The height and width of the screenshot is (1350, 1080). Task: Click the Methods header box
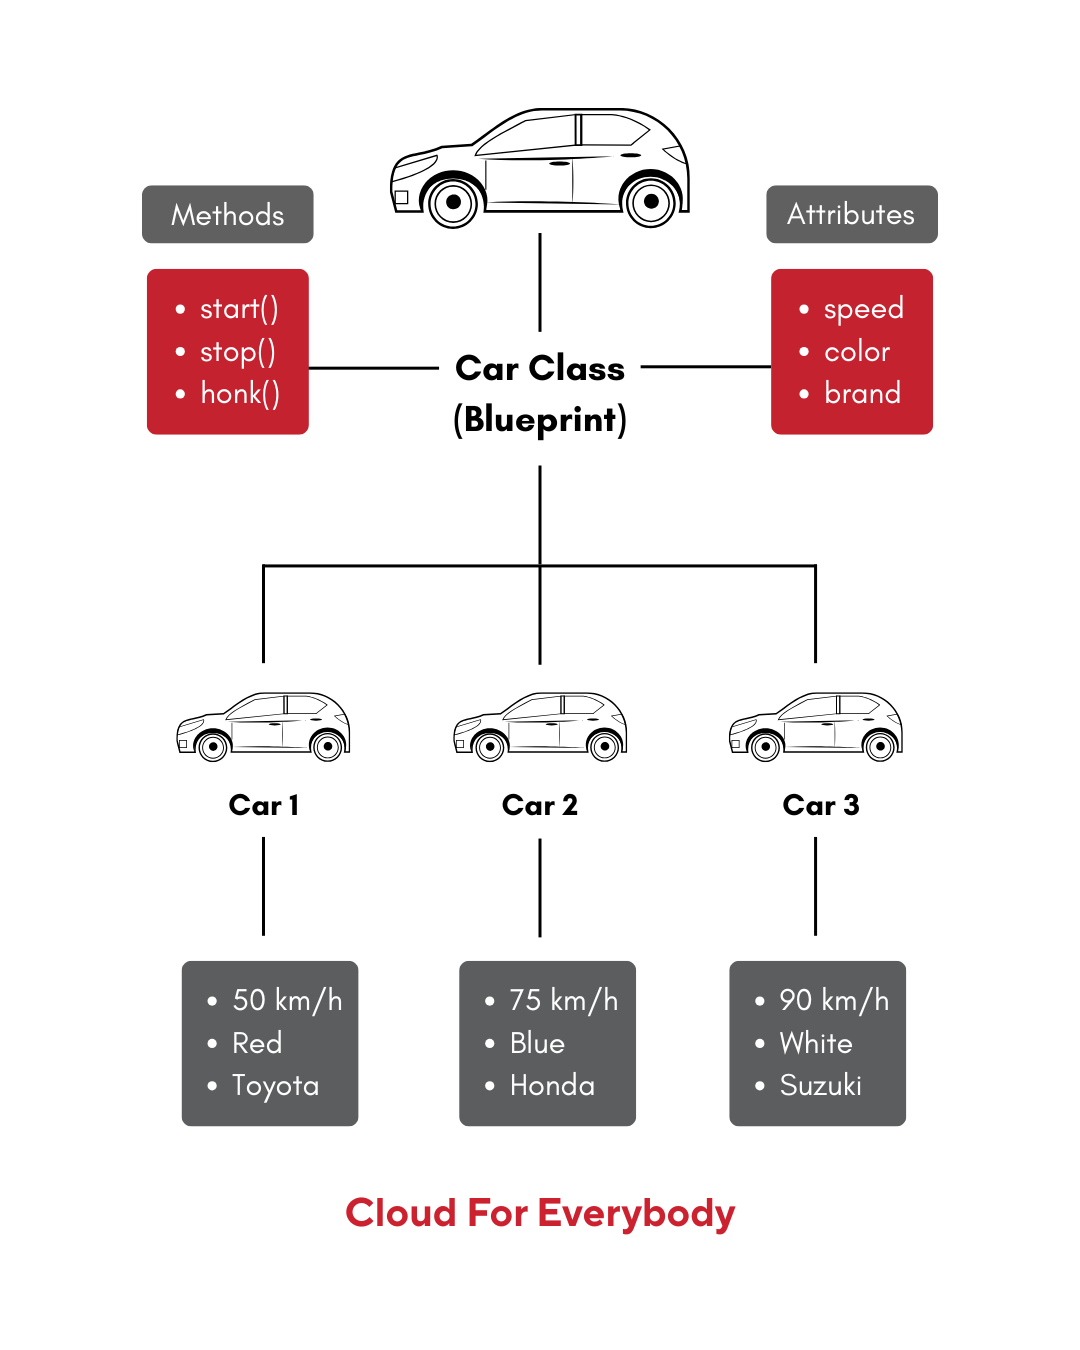[227, 214]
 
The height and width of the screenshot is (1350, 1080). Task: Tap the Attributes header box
[852, 214]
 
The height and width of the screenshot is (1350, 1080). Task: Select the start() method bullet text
[239, 309]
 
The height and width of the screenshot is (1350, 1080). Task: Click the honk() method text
[240, 394]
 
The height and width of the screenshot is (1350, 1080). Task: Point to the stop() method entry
[238, 352]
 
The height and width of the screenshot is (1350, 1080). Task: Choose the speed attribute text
[863, 309]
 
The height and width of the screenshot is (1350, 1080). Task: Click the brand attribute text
[862, 393]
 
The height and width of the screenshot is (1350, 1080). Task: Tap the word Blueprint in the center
[540, 419]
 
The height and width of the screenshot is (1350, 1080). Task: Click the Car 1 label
[264, 805]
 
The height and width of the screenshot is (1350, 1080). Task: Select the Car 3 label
[821, 805]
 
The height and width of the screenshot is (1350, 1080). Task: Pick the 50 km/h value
[287, 999]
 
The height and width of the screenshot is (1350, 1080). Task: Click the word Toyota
[275, 1085]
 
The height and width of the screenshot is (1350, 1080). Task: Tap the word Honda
[552, 1085]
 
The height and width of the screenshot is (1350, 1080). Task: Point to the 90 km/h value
[834, 999]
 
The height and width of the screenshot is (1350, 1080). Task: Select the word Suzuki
[820, 1085]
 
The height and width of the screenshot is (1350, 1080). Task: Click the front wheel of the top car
[453, 202]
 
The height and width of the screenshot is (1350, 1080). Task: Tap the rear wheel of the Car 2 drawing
[605, 746]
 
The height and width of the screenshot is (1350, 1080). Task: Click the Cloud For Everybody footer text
[540, 1213]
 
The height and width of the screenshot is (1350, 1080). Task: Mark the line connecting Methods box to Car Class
[373, 368]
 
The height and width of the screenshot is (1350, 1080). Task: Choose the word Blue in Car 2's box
[537, 1043]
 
